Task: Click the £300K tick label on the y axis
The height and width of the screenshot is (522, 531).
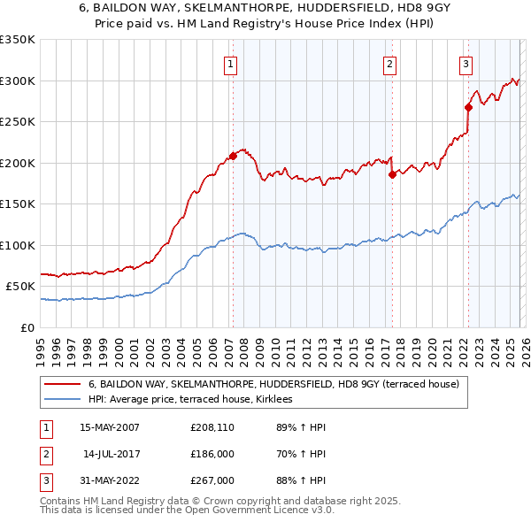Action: coord(18,81)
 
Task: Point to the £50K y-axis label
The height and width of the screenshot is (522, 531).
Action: coord(20,287)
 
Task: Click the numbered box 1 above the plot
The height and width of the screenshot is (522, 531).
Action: coord(230,63)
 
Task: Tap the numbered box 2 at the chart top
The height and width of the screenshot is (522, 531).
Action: coord(389,63)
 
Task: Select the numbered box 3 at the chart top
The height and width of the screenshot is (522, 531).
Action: coord(466,63)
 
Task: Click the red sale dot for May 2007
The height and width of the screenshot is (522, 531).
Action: coord(233,156)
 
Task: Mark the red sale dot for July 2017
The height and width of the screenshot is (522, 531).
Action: coord(391,174)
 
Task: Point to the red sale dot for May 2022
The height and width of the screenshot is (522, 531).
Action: coord(468,107)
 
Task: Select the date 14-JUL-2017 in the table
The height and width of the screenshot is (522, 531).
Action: coord(112,454)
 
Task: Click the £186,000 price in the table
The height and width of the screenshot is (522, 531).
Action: coord(213,454)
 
